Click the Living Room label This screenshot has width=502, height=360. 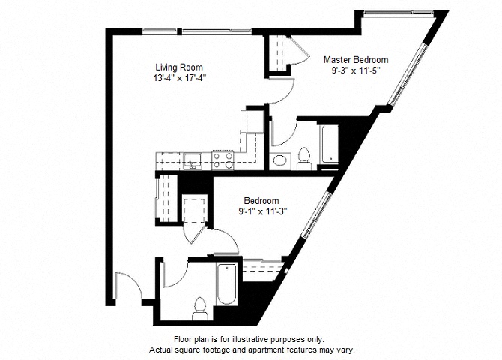[x=179, y=67]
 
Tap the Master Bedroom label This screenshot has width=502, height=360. [x=356, y=60]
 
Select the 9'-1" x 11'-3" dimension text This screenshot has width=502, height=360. [x=262, y=211]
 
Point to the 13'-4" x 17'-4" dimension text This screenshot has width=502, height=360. [x=179, y=78]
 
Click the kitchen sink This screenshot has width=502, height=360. [x=193, y=161]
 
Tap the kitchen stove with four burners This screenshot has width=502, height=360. [x=223, y=160]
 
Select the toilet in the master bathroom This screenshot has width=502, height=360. [x=304, y=159]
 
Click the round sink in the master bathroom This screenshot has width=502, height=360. [x=280, y=160]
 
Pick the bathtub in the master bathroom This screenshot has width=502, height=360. [x=329, y=144]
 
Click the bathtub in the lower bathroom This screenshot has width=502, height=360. [x=227, y=283]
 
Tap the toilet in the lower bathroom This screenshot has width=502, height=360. [x=200, y=309]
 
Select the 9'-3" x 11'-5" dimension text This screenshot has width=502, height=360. [x=356, y=70]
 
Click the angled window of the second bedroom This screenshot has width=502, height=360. [x=317, y=214]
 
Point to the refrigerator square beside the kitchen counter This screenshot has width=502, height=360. [x=252, y=121]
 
